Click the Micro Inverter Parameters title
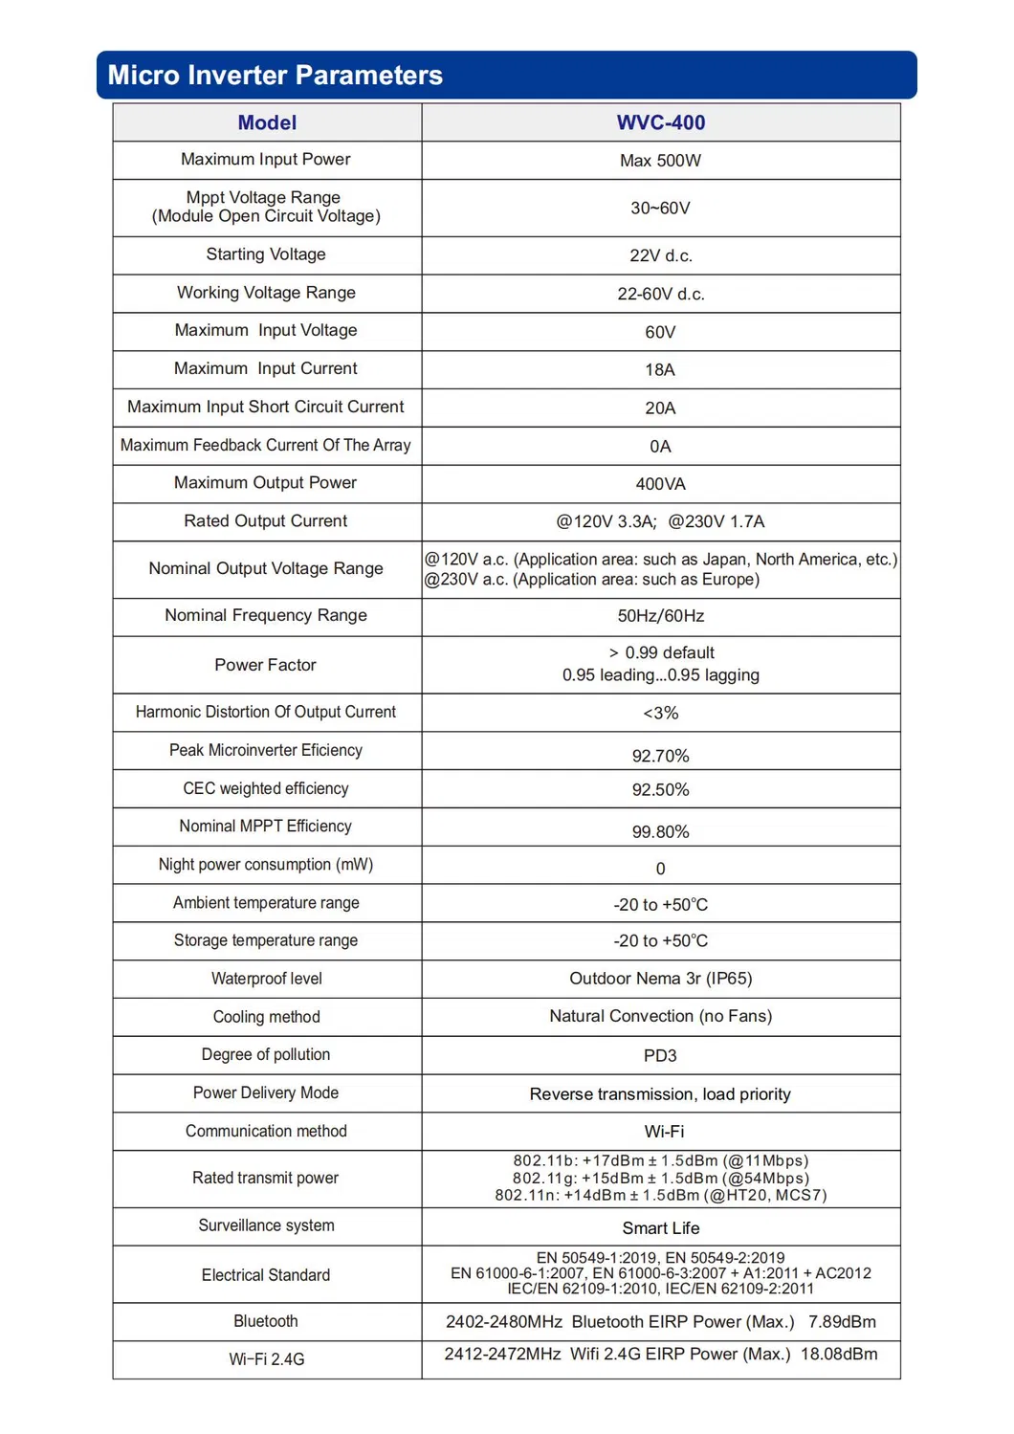[x=275, y=76]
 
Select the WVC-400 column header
[x=660, y=122]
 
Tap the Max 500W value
[x=660, y=161]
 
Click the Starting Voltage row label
[x=266, y=254]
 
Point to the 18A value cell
[x=660, y=370]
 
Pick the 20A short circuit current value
[x=660, y=408]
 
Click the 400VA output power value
[x=660, y=484]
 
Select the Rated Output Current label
[x=266, y=521]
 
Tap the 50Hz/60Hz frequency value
[x=660, y=616]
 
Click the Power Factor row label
[x=266, y=665]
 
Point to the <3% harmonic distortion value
[x=660, y=714]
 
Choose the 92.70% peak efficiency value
[x=660, y=756]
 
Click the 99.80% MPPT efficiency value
[x=660, y=832]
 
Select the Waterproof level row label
[x=266, y=979]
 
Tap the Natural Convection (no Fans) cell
[x=660, y=1016]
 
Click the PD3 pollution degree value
[x=660, y=1056]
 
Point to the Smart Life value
[x=660, y=1228]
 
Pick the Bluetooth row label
[x=266, y=1321]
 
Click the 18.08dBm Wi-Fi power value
[x=839, y=1355]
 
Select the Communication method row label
[x=266, y=1131]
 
